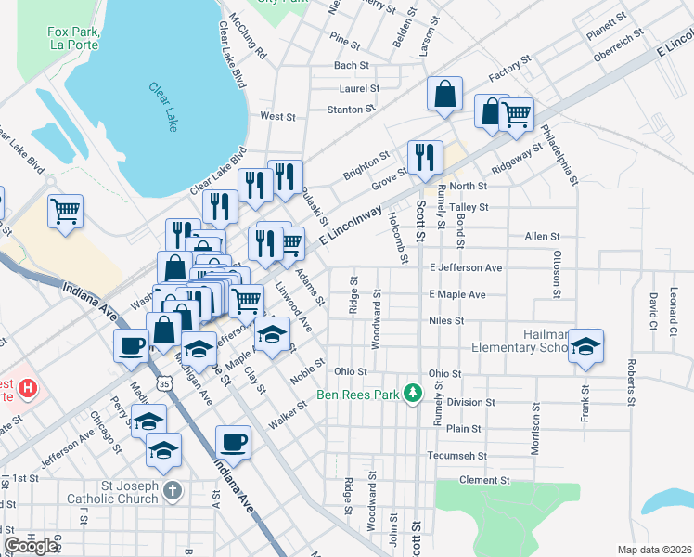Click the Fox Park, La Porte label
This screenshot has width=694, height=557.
[x=73, y=37]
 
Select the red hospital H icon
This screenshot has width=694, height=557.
[x=29, y=388]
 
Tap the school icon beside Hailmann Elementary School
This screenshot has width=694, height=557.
[x=585, y=346]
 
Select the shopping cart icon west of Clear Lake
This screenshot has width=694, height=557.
[x=65, y=211]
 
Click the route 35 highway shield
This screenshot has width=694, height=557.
[x=164, y=382]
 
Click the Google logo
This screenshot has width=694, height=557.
[x=31, y=546]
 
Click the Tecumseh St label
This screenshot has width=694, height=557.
[x=456, y=456]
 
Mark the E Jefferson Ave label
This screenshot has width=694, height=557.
[x=465, y=267]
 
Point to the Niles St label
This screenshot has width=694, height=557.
[x=446, y=320]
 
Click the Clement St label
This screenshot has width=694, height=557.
[x=485, y=481]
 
